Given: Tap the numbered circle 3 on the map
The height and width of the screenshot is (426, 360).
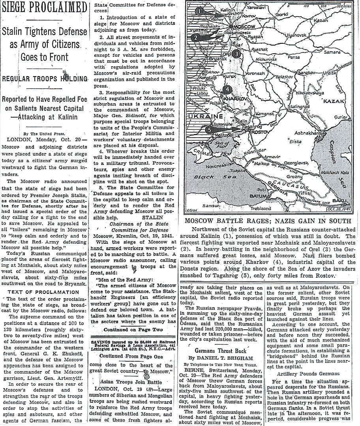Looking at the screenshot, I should (236, 54).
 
